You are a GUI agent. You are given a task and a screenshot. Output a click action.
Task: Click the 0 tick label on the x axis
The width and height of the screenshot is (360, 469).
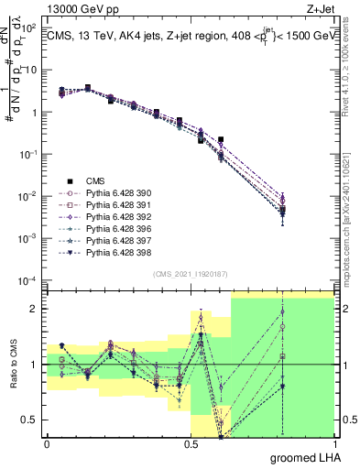tap(47, 443)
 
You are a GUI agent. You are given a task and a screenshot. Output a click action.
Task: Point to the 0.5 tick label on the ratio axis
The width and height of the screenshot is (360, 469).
tap(31, 420)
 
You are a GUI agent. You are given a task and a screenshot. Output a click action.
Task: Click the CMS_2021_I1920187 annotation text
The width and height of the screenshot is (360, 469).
tap(190, 273)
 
